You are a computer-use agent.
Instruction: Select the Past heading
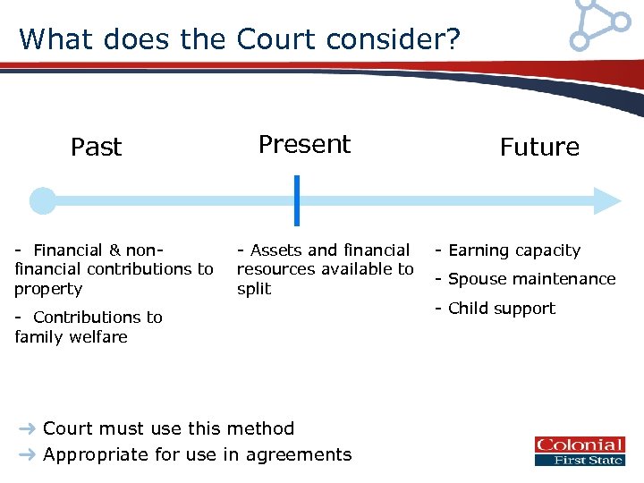(96, 147)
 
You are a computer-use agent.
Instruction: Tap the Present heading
(304, 144)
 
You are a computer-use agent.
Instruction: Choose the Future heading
(539, 147)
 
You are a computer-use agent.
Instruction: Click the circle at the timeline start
(42, 201)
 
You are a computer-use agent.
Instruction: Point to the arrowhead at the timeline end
(607, 201)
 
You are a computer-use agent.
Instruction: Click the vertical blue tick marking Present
(297, 201)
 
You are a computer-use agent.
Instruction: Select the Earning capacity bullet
(508, 250)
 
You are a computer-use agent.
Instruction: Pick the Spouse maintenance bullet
(525, 279)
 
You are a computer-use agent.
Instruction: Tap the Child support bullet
(496, 309)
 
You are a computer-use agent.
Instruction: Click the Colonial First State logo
(580, 451)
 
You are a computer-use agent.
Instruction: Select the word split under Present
(254, 289)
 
